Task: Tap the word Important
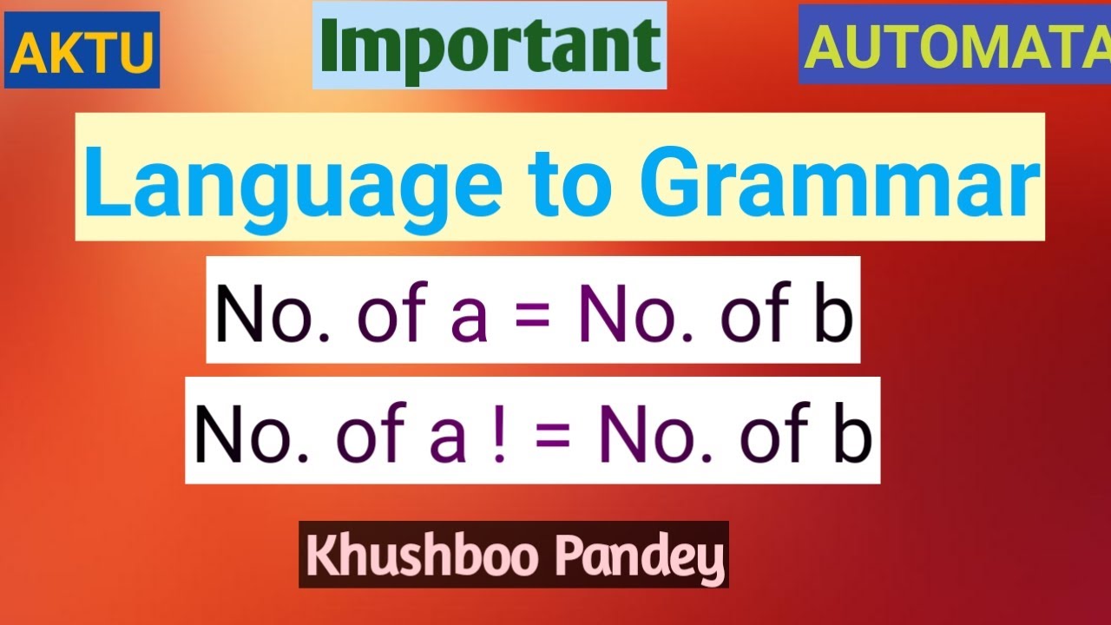pos(490,45)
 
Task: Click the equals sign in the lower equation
pos(555,433)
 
